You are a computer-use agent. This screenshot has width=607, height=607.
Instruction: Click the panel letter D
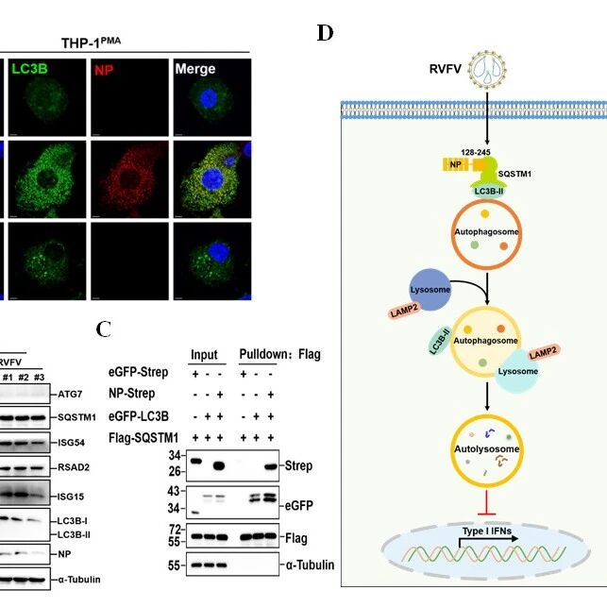[325, 33]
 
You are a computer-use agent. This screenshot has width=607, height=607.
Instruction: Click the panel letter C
[103, 329]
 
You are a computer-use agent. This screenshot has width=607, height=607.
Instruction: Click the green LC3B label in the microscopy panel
[30, 69]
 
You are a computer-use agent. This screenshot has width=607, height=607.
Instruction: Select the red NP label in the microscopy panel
[104, 70]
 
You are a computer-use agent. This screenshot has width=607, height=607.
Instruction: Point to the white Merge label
[195, 69]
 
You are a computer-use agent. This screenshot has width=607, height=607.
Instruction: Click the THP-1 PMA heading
[91, 42]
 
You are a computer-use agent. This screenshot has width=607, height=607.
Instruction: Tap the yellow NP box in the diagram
[456, 164]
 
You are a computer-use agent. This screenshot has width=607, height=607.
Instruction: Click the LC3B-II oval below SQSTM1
[489, 191]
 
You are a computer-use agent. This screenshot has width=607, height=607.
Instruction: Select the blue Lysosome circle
[430, 290]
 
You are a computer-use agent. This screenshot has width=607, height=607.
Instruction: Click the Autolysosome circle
[487, 450]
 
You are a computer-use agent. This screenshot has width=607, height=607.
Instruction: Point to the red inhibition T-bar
[487, 504]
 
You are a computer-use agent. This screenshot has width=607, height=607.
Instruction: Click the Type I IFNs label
[486, 531]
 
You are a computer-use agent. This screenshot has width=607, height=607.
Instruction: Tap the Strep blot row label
[298, 465]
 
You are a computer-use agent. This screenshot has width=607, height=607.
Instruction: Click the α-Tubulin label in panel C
[310, 565]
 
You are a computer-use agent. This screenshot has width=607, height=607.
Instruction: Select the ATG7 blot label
[70, 395]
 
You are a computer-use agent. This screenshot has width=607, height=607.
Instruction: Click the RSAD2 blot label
[74, 467]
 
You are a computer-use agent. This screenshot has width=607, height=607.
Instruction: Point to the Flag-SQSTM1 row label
[143, 438]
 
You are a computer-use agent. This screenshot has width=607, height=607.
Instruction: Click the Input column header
[204, 355]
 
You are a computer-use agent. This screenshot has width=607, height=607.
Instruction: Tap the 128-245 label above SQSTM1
[476, 152]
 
